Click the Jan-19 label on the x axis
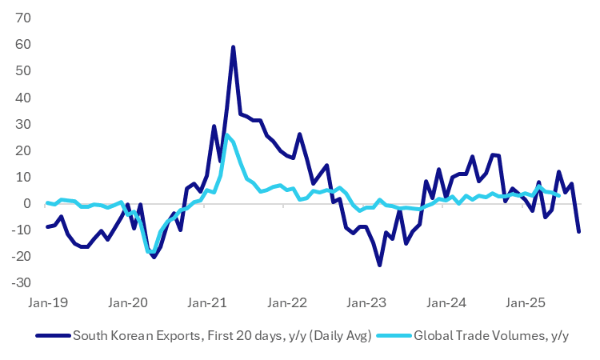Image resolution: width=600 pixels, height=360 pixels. tap(48, 303)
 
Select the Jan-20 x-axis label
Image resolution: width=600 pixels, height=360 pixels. tap(127, 303)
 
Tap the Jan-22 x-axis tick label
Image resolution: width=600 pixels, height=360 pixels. tap(286, 303)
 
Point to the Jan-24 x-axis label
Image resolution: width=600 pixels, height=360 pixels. tap(446, 303)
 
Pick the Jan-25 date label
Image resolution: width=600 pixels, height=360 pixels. tap(526, 303)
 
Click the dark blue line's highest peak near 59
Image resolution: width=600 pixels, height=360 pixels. tap(233, 47)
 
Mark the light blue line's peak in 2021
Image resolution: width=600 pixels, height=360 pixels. tap(226, 135)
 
